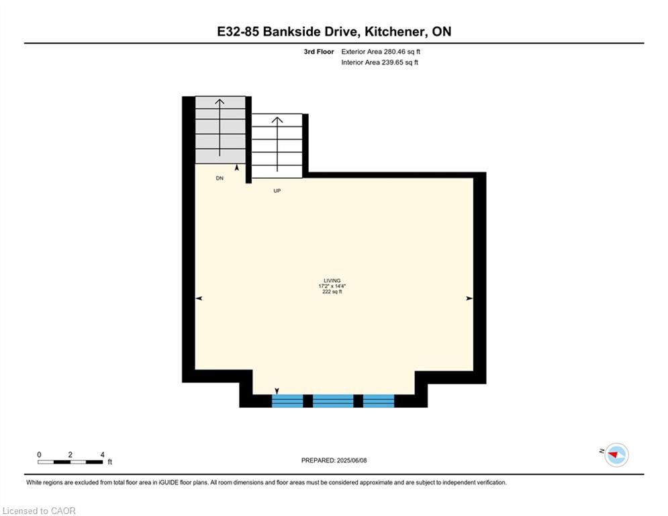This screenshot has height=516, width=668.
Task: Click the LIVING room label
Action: [332, 281]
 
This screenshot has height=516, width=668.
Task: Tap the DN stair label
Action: [220, 178]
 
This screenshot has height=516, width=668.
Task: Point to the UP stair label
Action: [277, 191]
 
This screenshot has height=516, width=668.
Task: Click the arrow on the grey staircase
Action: [220, 128]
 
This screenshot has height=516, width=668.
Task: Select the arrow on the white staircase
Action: [277, 144]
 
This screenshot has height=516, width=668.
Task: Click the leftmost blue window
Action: [287, 401]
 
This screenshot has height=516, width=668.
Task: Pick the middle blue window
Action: [333, 401]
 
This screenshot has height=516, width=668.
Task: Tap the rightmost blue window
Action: [379, 401]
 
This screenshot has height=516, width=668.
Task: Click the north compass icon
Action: [616, 455]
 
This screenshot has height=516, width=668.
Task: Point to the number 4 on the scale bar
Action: [102, 455]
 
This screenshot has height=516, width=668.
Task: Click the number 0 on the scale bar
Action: [39, 455]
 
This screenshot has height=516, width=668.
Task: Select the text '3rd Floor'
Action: [319, 52]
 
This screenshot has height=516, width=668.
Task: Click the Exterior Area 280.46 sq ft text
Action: [381, 52]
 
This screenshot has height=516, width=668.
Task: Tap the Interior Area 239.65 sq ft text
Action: [379, 62]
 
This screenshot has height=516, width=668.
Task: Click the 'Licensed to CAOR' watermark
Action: [39, 511]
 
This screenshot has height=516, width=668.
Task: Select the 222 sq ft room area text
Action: [332, 292]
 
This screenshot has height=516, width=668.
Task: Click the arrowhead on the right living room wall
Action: [469, 298]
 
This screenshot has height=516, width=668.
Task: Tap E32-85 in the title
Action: [238, 32]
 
